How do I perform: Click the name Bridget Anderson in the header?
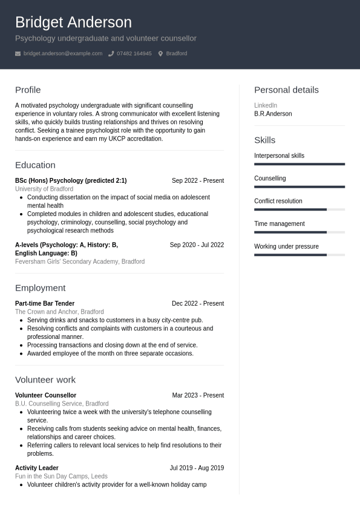pyautogui.click(x=73, y=22)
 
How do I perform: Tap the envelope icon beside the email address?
pyautogui.click(x=18, y=54)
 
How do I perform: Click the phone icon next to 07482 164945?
pyautogui.click(x=111, y=54)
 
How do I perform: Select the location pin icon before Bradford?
pyautogui.click(x=160, y=54)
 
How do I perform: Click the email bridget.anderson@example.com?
pyautogui.click(x=63, y=54)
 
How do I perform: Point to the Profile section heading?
pyautogui.click(x=28, y=90)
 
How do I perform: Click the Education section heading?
pyautogui.click(x=35, y=165)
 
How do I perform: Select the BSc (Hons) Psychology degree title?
pyautogui.click(x=71, y=181)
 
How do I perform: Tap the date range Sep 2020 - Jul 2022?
pyautogui.click(x=197, y=245)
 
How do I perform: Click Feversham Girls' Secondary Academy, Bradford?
pyautogui.click(x=80, y=262)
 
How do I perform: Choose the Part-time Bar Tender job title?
pyautogui.click(x=45, y=304)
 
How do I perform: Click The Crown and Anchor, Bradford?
pyautogui.click(x=59, y=312)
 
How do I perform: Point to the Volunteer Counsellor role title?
pyautogui.click(x=45, y=396)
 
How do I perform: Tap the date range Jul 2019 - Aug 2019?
pyautogui.click(x=197, y=468)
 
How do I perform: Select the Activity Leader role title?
pyautogui.click(x=37, y=468)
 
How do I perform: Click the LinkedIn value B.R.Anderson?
pyautogui.click(x=273, y=114)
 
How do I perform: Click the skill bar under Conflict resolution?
pyautogui.click(x=299, y=209)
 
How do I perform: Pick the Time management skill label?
pyautogui.click(x=280, y=224)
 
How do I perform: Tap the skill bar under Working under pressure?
pyautogui.click(x=299, y=255)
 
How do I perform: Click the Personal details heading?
pyautogui.click(x=286, y=90)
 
